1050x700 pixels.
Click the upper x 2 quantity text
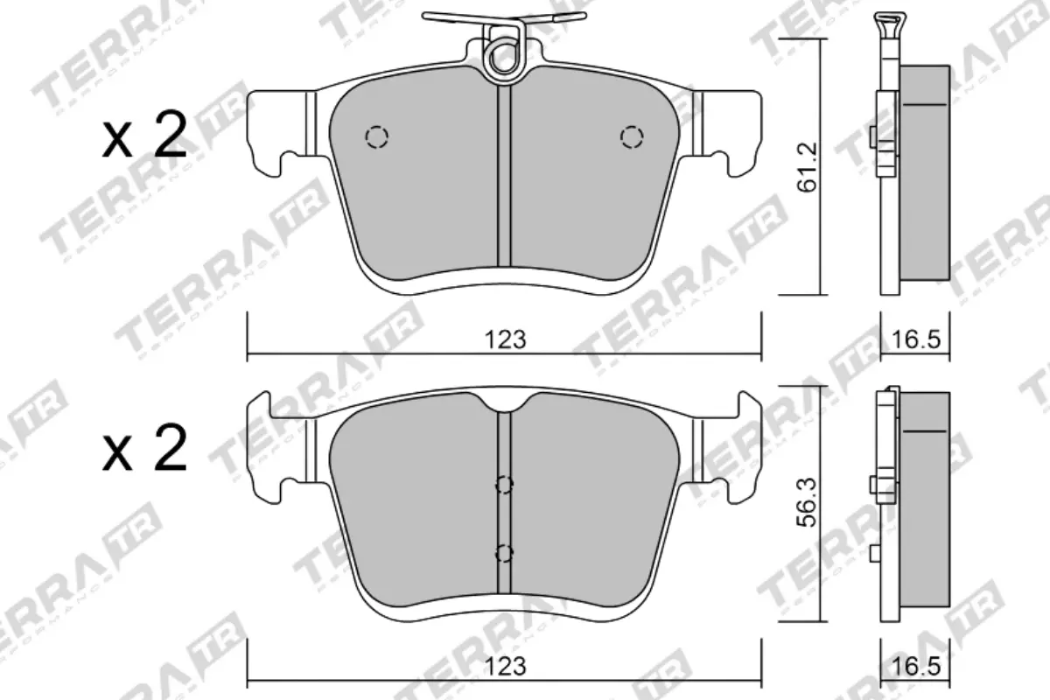[x=144, y=137]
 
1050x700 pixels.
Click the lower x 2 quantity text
[x=144, y=450]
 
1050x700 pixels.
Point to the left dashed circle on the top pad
[x=376, y=136]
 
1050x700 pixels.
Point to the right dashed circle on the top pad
[x=631, y=136]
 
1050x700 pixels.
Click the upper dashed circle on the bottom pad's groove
[x=504, y=485]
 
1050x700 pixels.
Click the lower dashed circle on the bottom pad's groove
[x=504, y=552]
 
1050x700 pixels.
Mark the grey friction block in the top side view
[x=924, y=175]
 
